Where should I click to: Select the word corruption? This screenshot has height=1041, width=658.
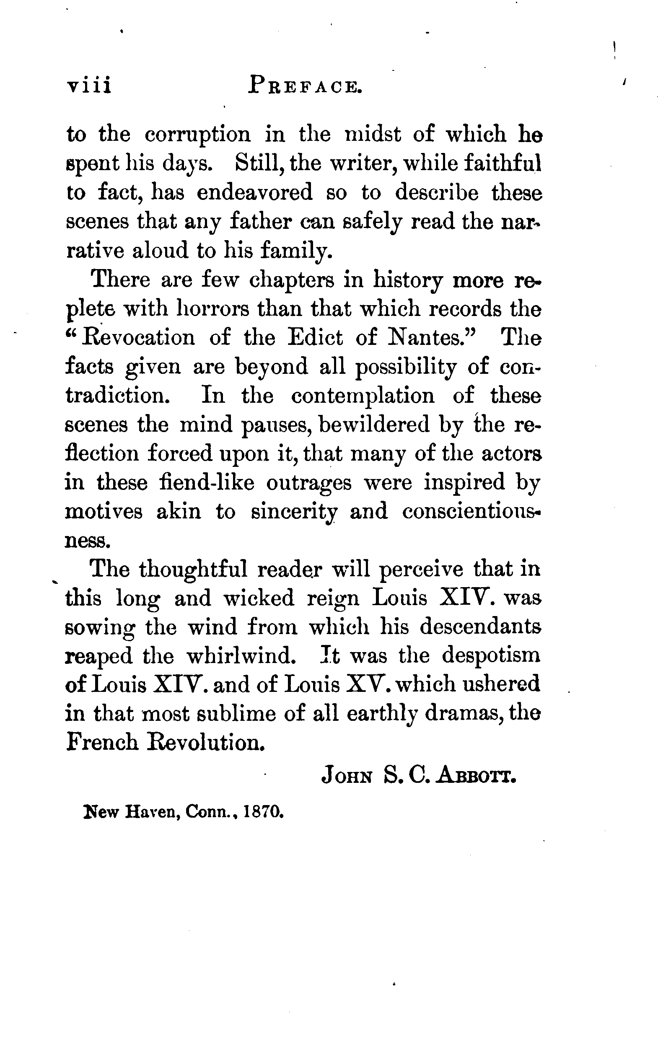pyautogui.click(x=197, y=135)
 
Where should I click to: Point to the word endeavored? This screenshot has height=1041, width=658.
pyautogui.click(x=255, y=192)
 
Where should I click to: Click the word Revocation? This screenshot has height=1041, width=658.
pyautogui.click(x=137, y=338)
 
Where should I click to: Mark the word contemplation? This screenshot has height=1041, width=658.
pyautogui.click(x=363, y=396)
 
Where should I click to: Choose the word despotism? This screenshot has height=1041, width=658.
pyautogui.click(x=491, y=656)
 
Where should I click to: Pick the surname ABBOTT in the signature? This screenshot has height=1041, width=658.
pyautogui.click(x=477, y=777)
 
